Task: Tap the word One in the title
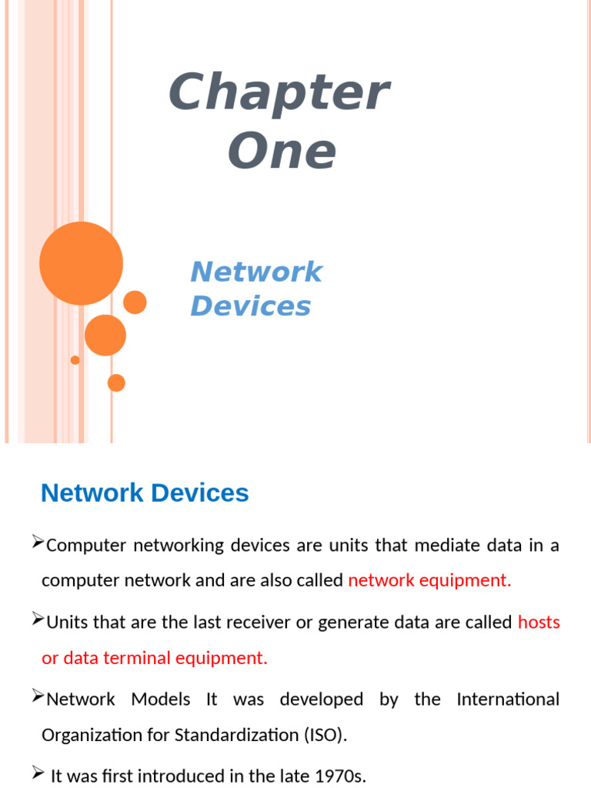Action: (x=282, y=152)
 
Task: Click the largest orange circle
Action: (x=81, y=263)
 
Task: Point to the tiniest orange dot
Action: (x=75, y=360)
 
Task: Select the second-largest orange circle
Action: (x=105, y=335)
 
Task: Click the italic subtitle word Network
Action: (x=256, y=272)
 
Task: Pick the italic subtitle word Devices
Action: (x=251, y=306)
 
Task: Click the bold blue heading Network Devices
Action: (x=145, y=492)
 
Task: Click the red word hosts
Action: (x=539, y=623)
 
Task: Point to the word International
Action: (x=508, y=700)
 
